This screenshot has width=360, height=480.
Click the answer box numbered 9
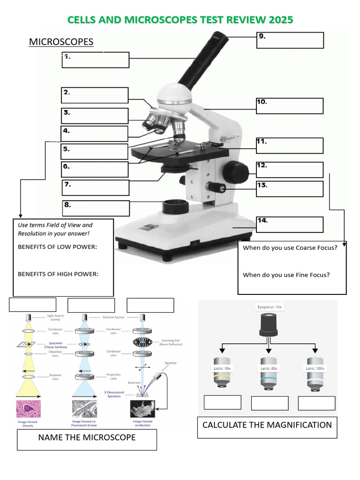(290, 40)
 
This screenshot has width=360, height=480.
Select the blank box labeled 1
(95, 60)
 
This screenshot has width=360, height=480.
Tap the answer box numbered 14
(290, 225)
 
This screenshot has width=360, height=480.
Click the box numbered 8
(96, 208)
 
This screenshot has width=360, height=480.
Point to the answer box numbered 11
(290, 146)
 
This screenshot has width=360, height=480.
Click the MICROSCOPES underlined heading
(61, 42)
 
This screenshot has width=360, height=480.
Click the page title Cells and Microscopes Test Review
(180, 20)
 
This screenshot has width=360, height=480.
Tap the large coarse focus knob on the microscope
(235, 172)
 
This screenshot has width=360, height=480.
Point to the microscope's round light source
(175, 206)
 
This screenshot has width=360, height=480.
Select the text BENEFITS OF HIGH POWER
(58, 274)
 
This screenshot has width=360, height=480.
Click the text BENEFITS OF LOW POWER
(57, 247)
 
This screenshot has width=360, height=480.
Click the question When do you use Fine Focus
(286, 275)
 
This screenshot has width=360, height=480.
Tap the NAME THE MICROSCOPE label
(87, 437)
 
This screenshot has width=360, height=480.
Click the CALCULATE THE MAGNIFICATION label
(267, 425)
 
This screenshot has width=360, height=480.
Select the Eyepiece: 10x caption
(269, 307)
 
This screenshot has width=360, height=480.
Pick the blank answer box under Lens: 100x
(316, 403)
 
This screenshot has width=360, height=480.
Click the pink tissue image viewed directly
(29, 409)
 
